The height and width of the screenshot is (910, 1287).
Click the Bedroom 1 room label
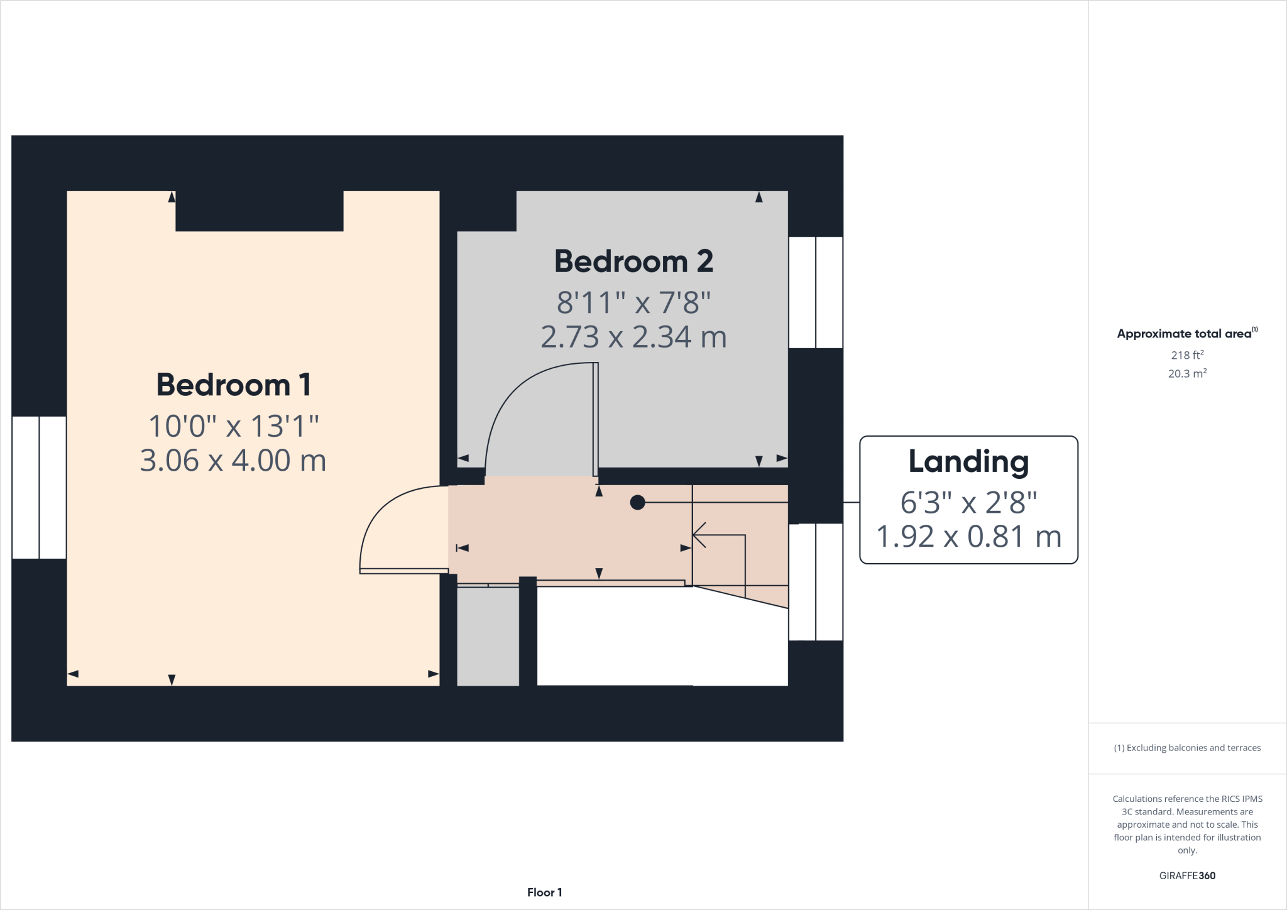pyautogui.click(x=233, y=385)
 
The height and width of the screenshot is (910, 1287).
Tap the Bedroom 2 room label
pyautogui.click(x=633, y=261)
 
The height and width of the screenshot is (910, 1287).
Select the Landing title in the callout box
pyautogui.click(x=968, y=462)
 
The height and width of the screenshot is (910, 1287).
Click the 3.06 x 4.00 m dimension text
pyautogui.click(x=233, y=460)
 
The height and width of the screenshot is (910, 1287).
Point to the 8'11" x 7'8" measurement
pyautogui.click(x=633, y=302)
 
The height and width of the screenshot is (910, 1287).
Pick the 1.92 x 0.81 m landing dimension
pyautogui.click(x=968, y=537)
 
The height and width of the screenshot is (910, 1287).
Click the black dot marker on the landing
pyautogui.click(x=637, y=502)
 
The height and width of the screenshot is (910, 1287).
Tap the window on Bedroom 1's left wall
pyautogui.click(x=39, y=487)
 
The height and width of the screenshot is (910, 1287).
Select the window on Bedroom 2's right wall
pyautogui.click(x=815, y=292)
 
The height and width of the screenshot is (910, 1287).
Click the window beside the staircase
pyautogui.click(x=815, y=582)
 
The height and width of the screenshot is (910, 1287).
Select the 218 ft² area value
pyautogui.click(x=1186, y=355)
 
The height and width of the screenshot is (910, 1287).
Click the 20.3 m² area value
pyautogui.click(x=1186, y=373)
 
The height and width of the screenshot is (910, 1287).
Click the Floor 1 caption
pyautogui.click(x=544, y=892)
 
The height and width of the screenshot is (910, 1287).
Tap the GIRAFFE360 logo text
pyautogui.click(x=1186, y=875)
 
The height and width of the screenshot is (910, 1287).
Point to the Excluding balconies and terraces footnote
pyautogui.click(x=1186, y=748)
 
